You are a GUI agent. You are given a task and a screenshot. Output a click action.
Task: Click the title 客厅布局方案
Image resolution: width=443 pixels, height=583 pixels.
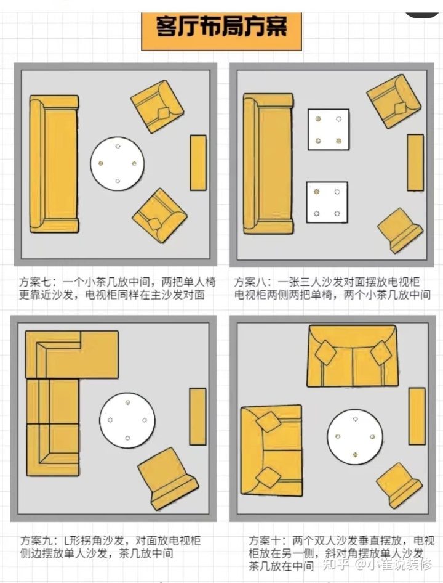point(221,27)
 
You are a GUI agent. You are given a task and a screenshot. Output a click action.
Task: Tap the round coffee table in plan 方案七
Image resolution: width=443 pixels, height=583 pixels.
point(118,163)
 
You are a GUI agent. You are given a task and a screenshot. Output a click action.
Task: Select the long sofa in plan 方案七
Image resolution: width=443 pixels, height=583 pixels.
point(54,164)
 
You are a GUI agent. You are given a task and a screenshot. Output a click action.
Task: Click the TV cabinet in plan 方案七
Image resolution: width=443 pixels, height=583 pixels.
point(198,162)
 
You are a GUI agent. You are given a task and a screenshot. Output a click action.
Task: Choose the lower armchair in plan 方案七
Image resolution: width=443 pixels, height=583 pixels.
point(159,216)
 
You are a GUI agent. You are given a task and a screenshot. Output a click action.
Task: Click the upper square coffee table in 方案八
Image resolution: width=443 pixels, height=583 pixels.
point(329,129)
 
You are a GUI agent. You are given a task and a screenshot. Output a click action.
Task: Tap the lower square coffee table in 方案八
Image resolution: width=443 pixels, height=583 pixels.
point(327,203)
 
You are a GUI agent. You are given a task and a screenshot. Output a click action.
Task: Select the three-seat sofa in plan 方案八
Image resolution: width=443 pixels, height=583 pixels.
point(267,163)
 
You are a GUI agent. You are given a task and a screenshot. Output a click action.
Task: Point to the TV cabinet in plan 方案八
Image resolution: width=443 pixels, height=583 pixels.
point(415,162)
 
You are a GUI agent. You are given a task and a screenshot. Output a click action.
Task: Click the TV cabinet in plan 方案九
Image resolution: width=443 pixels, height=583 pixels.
point(198,417)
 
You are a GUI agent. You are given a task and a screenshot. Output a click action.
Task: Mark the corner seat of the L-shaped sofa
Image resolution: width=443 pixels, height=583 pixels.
point(52,354)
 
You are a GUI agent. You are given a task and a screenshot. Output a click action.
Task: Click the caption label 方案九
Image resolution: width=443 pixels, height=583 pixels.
point(35,540)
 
